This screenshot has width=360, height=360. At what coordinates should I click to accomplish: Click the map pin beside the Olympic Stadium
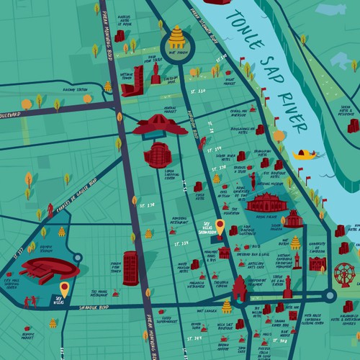coord(64,289)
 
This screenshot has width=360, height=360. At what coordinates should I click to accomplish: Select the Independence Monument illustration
coord(239,288)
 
